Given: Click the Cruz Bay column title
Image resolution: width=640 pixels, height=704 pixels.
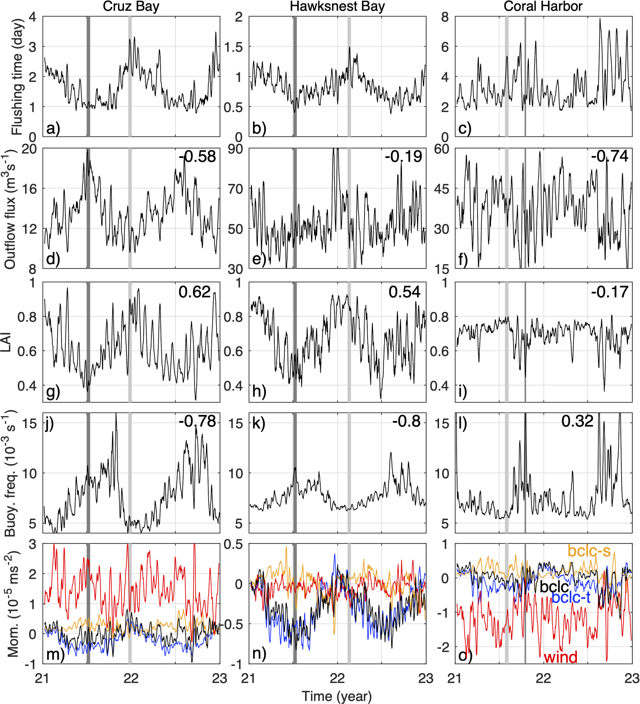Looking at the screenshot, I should (131, 7).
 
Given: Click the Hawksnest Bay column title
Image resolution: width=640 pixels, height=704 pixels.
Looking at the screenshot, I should (337, 7).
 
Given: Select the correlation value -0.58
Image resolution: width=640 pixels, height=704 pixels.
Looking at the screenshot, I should (198, 157).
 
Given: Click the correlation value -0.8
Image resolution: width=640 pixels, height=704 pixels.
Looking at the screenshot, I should (406, 422).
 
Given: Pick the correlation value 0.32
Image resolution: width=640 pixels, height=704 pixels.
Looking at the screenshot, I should (577, 422).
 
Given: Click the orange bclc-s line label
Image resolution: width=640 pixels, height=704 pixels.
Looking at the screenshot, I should (589, 551).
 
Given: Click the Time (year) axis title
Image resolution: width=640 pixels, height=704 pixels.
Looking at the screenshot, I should (337, 696).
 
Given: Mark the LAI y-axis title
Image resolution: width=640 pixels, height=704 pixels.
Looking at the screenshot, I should (7, 342).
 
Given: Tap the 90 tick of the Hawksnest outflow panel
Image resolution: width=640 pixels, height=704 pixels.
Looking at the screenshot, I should (235, 149).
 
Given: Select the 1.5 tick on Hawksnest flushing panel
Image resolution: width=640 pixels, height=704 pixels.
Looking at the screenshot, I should (233, 47).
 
